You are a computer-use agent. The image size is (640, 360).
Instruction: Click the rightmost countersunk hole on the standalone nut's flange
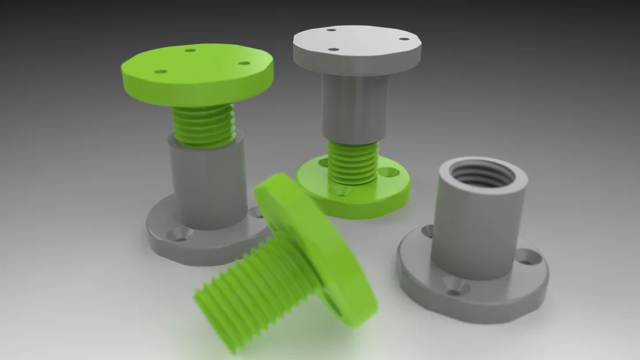[526, 256]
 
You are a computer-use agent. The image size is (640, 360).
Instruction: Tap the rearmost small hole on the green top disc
[191, 51]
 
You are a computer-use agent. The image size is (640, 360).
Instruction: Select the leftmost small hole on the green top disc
[161, 71]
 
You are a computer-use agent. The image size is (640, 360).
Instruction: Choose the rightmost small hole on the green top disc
[244, 63]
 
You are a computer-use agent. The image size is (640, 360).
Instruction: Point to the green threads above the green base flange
[353, 162]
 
